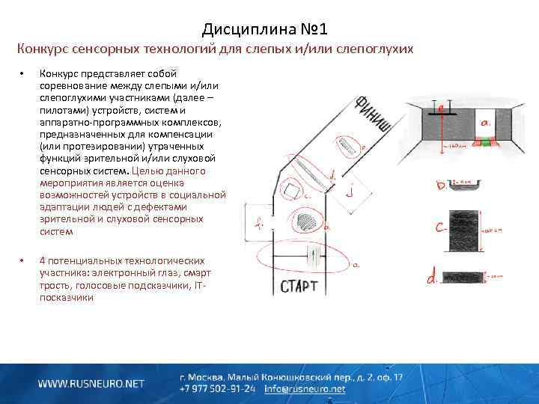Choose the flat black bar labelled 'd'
pos(462,277)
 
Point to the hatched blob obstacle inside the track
pos(307,222)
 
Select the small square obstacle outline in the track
pos(290,193)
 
